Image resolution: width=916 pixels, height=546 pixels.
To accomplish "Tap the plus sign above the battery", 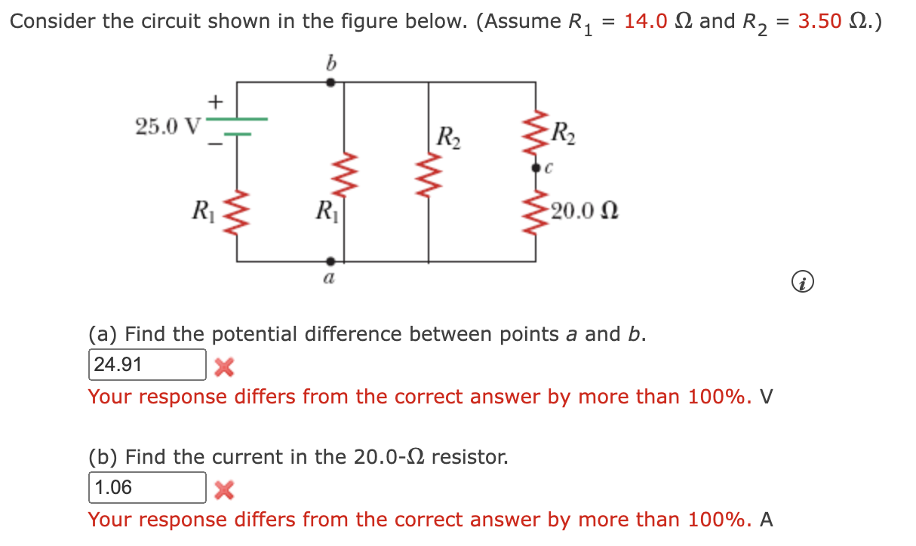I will [x=216, y=100].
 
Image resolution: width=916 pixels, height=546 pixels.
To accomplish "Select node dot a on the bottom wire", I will [x=330, y=262].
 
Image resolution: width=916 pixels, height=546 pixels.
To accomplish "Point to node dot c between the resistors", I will [x=536, y=168].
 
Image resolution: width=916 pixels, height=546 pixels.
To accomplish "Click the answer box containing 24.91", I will [x=148, y=365].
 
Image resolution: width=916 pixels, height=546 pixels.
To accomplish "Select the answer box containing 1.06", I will [x=148, y=488].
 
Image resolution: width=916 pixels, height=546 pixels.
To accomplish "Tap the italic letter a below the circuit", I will [x=330, y=279].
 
